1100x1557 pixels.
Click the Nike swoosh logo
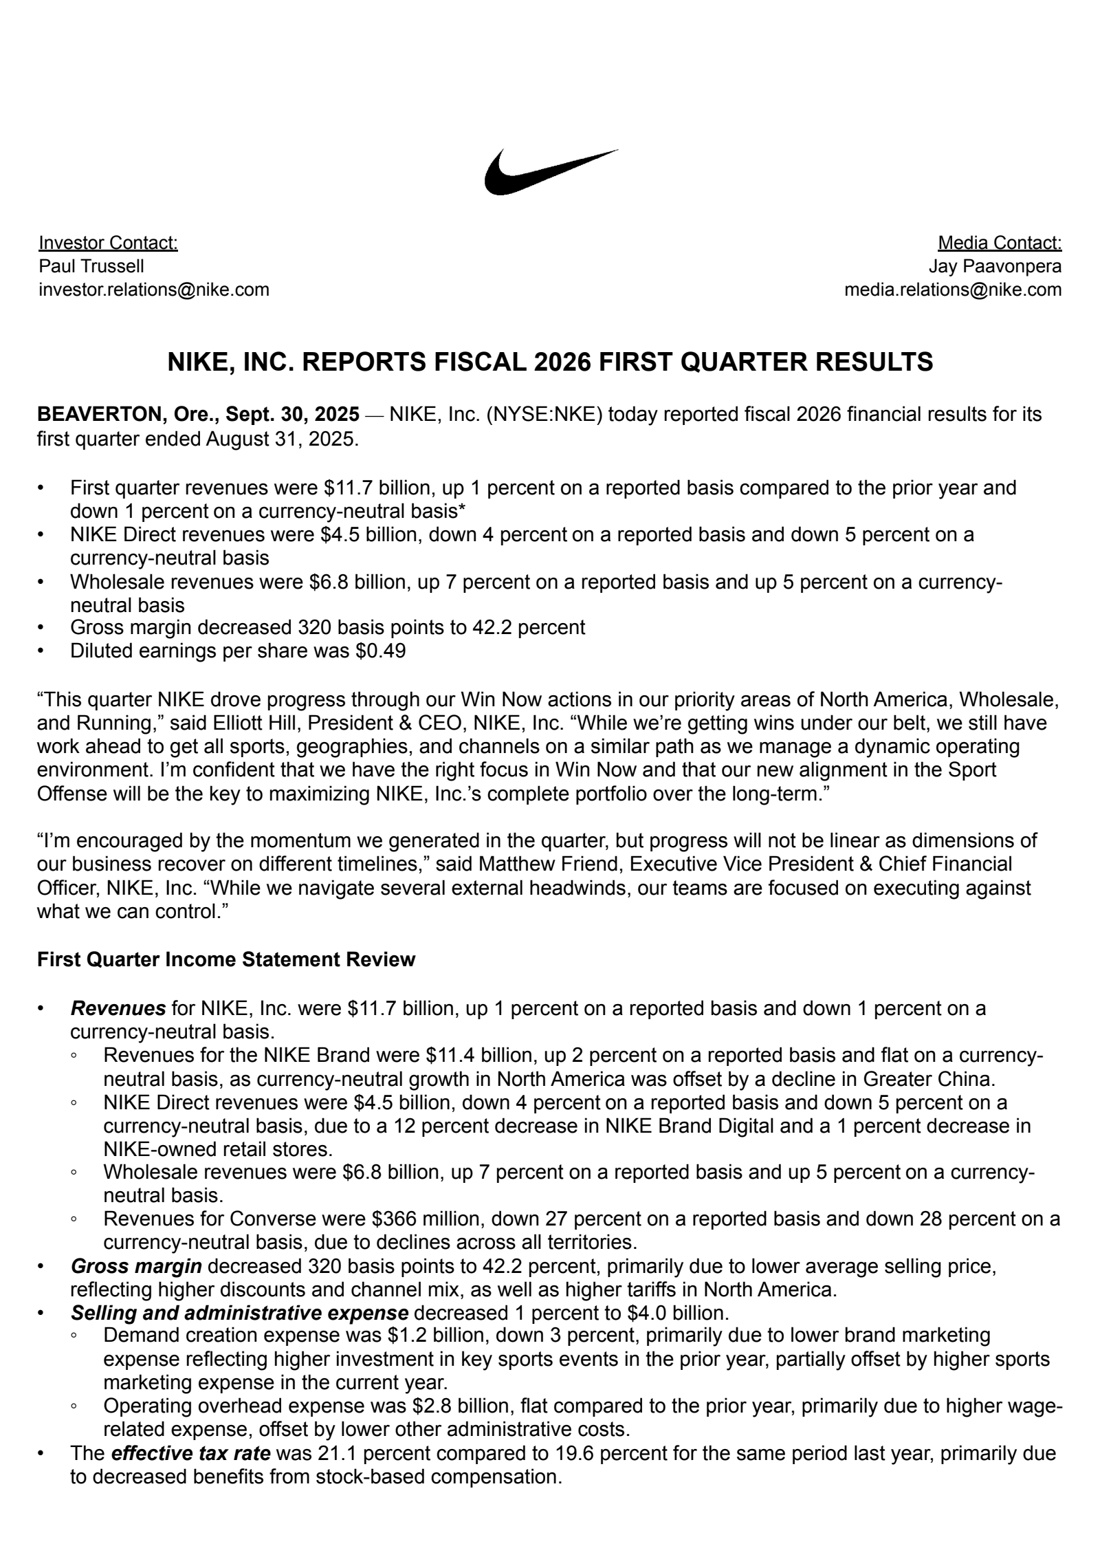point(550,172)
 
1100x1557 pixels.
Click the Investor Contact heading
point(108,243)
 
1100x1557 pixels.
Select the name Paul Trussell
point(91,266)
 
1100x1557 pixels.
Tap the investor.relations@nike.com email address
point(154,290)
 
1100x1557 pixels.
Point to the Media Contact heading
point(999,243)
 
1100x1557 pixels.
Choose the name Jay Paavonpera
point(994,266)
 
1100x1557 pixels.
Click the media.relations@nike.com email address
point(952,290)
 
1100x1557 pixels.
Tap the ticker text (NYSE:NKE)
point(544,415)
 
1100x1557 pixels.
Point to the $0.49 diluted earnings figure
point(380,651)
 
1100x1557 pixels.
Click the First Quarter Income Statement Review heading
point(226,959)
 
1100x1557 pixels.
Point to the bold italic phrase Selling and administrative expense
point(240,1313)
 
